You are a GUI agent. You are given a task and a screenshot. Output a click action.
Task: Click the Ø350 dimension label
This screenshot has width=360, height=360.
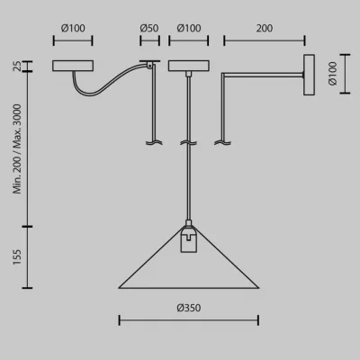pos(189,308)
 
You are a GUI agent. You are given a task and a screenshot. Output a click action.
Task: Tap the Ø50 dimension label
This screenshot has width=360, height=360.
pos(149,28)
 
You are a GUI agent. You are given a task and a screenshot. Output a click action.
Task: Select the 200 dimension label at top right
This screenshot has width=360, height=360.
pos(265,28)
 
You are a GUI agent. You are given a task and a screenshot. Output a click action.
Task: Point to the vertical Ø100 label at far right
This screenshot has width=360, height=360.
pos(333,74)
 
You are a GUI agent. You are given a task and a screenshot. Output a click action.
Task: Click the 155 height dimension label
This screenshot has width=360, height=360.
pos(17,256)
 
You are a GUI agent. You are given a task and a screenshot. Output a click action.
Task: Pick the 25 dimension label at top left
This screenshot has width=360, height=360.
pos(17,66)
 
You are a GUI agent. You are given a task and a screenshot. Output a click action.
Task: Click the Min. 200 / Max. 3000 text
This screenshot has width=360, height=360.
pos(17,148)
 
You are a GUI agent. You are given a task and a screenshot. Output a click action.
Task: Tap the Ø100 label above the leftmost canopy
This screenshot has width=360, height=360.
pos(73,28)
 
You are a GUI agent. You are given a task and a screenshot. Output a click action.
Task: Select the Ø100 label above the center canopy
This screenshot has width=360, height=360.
pos(189,28)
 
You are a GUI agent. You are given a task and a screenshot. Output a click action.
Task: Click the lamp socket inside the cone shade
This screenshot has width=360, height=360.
pos(189,240)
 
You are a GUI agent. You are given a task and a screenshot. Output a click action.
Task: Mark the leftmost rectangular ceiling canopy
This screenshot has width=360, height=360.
pos(73,66)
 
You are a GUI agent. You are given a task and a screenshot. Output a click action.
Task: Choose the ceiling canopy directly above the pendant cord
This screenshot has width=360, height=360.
pos(189,66)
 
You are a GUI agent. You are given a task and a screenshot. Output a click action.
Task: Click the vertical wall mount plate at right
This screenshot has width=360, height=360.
pos(309,75)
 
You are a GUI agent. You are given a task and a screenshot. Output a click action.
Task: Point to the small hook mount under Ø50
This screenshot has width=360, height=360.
pos(149,64)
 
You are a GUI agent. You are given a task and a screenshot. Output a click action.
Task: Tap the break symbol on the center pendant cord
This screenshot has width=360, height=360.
pos(188,143)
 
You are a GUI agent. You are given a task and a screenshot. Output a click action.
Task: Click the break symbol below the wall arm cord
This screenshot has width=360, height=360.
pos(222,143)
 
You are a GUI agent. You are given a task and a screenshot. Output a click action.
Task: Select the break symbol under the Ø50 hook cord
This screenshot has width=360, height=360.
pos(154,143)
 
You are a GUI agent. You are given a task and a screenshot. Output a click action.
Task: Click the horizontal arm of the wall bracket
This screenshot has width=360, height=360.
pos(263,75)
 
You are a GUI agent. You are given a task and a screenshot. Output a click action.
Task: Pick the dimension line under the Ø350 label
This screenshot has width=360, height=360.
pos(189,320)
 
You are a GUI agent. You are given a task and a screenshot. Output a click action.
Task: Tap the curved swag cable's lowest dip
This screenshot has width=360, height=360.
pos(87,95)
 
